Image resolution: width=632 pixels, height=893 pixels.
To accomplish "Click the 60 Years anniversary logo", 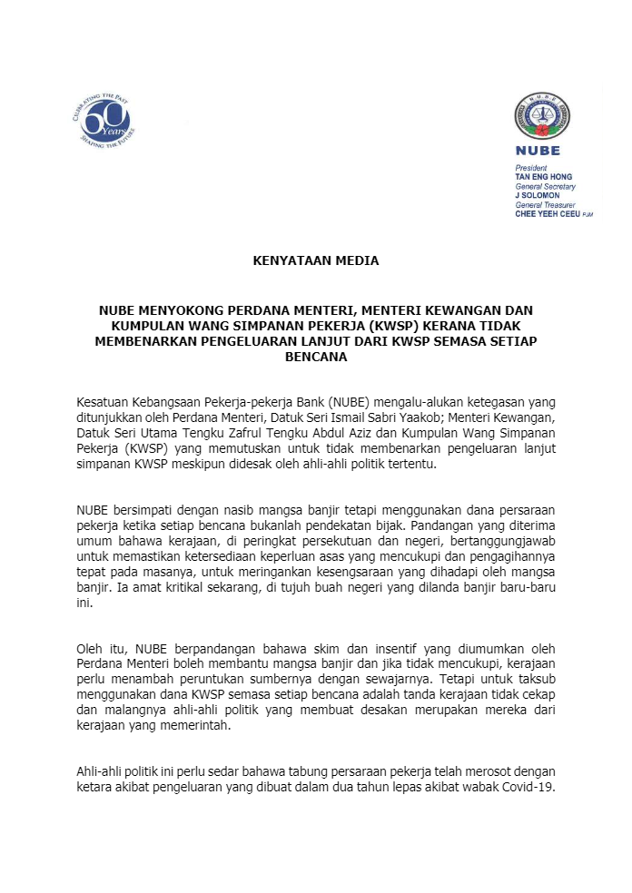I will [x=103, y=121].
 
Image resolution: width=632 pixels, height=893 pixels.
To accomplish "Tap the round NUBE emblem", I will [x=543, y=116].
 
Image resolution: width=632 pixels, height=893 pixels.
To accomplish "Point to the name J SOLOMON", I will [x=537, y=195].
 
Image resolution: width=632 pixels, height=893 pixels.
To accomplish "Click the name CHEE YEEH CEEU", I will [x=547, y=214].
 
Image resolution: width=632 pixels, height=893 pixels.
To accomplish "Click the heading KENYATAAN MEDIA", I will [x=315, y=260].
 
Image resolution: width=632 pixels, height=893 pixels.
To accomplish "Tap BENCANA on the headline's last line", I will [x=315, y=357].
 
